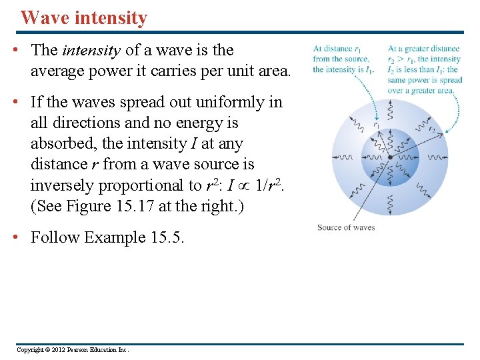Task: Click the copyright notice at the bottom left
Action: click(x=73, y=350)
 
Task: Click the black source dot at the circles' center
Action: click(x=390, y=158)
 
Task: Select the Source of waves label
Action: click(x=346, y=227)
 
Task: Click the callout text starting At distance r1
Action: click(x=345, y=59)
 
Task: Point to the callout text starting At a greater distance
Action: click(x=425, y=69)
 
